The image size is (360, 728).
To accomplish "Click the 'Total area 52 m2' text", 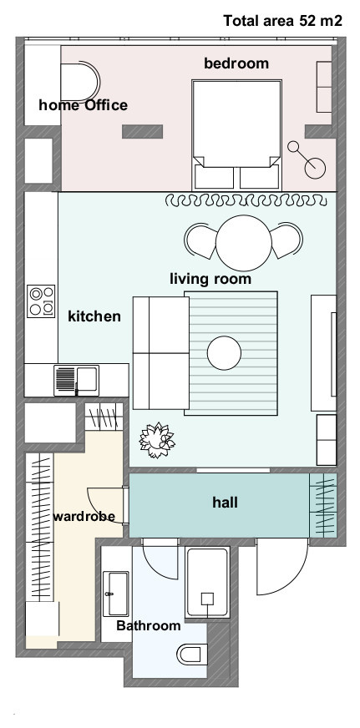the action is (x=283, y=21).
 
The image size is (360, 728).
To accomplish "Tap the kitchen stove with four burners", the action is (x=41, y=301).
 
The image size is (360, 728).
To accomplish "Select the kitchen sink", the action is (x=77, y=381).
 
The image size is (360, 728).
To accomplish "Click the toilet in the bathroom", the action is (x=191, y=655).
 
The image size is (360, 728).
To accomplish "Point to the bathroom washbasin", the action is (x=115, y=594).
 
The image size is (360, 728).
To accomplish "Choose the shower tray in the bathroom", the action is (x=207, y=583).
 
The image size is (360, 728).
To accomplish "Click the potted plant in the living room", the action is (x=157, y=440).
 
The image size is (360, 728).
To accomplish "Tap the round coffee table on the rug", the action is (x=225, y=353).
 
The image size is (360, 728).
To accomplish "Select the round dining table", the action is (x=243, y=243).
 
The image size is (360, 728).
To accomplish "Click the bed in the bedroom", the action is (x=237, y=134).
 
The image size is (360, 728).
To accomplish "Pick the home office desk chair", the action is (x=80, y=83).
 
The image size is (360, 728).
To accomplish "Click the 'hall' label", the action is (x=226, y=502).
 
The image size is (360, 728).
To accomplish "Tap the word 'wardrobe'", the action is (x=84, y=516).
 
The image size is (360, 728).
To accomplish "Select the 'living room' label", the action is (x=210, y=279).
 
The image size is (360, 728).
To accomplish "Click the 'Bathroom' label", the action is (x=149, y=625).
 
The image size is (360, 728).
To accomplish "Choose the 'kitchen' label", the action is (x=94, y=316).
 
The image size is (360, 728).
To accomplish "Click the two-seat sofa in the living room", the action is (x=160, y=353).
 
